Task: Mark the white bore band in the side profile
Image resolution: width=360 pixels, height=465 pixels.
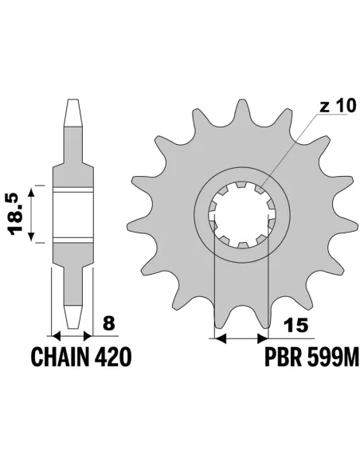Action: tap(73, 215)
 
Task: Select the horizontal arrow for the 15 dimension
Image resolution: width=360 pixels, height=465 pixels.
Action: tap(241, 338)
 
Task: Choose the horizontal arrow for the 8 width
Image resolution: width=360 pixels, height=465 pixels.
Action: tap(73, 334)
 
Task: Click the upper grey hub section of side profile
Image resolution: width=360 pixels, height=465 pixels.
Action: tap(73, 171)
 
